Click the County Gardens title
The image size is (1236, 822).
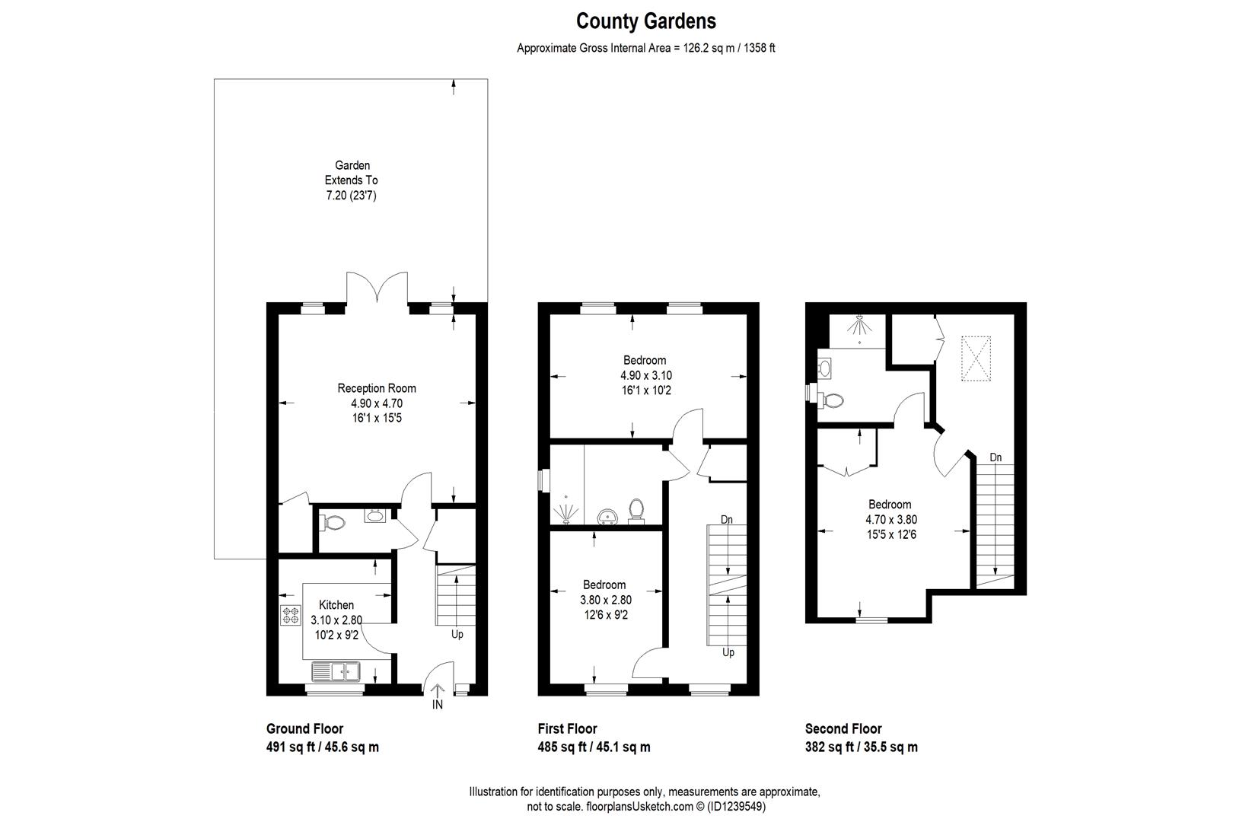(x=645, y=21)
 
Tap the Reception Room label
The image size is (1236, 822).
(x=377, y=388)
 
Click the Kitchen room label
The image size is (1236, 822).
(x=336, y=605)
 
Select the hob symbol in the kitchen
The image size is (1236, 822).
(x=290, y=615)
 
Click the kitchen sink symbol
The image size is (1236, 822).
(x=336, y=671)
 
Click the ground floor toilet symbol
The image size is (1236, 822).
(x=333, y=523)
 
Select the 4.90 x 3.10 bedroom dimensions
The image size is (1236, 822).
(x=645, y=376)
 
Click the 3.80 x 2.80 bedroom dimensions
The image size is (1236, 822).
(x=605, y=600)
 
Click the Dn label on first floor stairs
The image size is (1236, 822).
(x=727, y=520)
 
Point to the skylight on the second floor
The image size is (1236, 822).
(x=976, y=358)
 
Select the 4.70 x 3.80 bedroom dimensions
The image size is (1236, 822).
(x=890, y=520)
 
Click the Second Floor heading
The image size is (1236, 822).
(x=843, y=728)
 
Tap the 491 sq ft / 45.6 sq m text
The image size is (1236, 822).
(x=323, y=747)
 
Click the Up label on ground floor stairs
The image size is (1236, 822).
(x=457, y=634)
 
